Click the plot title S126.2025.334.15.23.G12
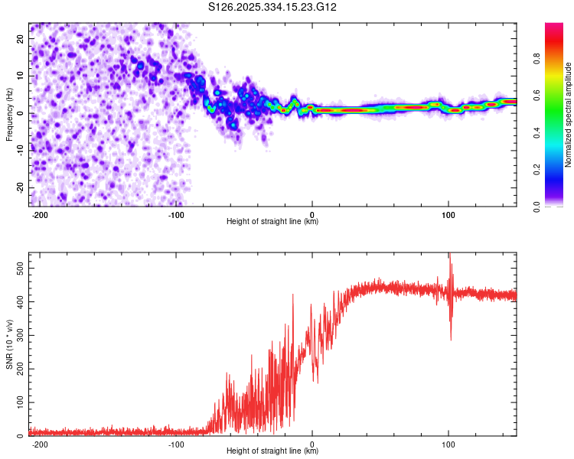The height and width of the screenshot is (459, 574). click(273, 8)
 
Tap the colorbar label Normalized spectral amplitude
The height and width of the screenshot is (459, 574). click(569, 115)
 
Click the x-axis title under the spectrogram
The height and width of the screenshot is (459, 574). click(272, 222)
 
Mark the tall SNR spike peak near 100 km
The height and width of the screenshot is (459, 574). click(450, 255)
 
